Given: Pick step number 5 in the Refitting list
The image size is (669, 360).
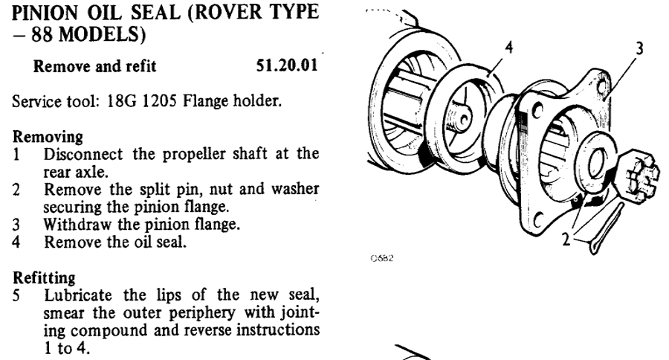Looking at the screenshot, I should [x=16, y=292].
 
